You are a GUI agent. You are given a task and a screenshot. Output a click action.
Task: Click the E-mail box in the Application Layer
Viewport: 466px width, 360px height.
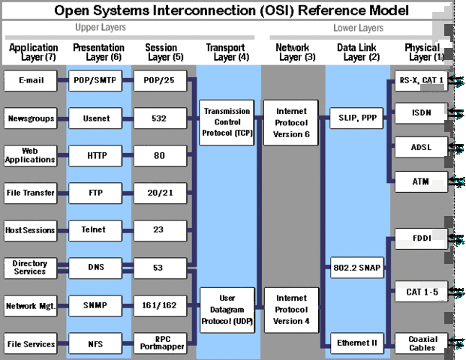pyautogui.click(x=31, y=81)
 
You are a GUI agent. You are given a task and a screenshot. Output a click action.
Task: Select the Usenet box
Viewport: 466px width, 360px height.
pyautogui.click(x=94, y=118)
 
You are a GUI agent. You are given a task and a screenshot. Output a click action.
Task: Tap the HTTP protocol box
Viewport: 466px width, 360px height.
pyautogui.click(x=94, y=156)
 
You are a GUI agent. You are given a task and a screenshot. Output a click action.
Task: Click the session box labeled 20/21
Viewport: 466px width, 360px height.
pyautogui.click(x=159, y=193)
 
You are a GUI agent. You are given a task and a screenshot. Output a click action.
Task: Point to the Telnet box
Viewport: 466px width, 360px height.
pyautogui.click(x=94, y=229)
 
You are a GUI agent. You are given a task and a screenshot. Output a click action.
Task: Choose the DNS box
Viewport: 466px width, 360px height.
pyautogui.click(x=94, y=267)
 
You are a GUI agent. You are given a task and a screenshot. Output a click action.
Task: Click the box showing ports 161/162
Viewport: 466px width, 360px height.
pyautogui.click(x=159, y=305)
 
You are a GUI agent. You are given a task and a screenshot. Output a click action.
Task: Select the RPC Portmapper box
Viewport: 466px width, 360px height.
pyautogui.click(x=159, y=342)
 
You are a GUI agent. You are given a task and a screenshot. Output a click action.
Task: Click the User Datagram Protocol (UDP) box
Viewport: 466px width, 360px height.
pyautogui.click(x=227, y=310)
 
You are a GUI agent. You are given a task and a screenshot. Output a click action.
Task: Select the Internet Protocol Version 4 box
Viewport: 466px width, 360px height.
pyautogui.click(x=291, y=310)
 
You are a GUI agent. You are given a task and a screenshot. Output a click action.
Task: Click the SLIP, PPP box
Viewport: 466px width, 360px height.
pyautogui.click(x=356, y=118)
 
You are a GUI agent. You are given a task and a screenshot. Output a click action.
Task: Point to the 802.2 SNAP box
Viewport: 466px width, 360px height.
pyautogui.click(x=356, y=267)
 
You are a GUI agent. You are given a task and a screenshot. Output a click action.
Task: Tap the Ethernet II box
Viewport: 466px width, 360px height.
pyautogui.click(x=356, y=343)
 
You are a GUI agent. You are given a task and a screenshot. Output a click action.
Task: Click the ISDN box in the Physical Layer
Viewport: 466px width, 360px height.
pyautogui.click(x=422, y=113)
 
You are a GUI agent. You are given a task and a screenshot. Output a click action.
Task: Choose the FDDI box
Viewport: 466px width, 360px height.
pyautogui.click(x=422, y=239)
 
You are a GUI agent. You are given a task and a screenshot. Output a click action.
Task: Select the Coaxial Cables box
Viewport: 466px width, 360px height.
pyautogui.click(x=423, y=343)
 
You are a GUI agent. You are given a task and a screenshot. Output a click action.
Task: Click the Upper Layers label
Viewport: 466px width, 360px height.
pyautogui.click(x=101, y=28)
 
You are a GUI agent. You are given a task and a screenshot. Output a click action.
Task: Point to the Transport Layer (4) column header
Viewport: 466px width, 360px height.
pyautogui.click(x=225, y=52)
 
